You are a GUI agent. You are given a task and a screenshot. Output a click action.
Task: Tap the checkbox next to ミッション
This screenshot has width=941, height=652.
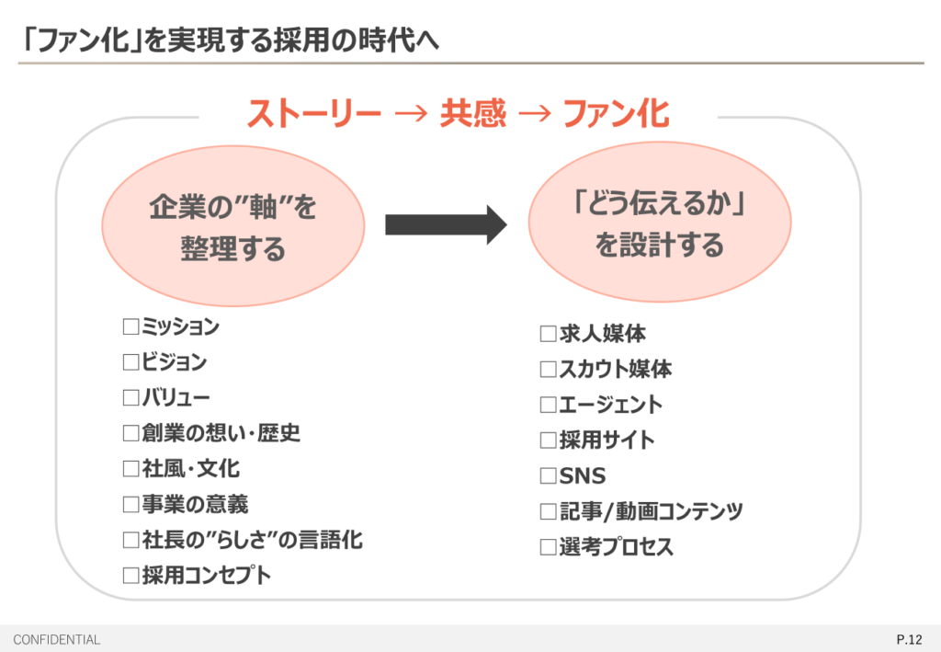(130, 326)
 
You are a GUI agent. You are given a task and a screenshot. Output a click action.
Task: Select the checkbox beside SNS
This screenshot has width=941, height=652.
(549, 476)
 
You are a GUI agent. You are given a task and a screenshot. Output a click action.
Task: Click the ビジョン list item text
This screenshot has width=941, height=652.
(174, 362)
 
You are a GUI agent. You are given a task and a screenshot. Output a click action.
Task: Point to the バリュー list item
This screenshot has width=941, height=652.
(176, 398)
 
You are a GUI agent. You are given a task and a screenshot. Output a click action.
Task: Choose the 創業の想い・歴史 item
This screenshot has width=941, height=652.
(221, 433)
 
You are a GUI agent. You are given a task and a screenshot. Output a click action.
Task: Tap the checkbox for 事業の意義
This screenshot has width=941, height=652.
(130, 505)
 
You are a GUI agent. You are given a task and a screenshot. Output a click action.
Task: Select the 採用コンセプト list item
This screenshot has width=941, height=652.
(207, 576)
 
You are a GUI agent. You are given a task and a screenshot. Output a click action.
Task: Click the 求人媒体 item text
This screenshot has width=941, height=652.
(602, 334)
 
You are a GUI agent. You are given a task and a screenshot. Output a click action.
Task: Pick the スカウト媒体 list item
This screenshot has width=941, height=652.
(615, 370)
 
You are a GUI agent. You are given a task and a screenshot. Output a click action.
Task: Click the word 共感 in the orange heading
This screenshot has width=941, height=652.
(472, 114)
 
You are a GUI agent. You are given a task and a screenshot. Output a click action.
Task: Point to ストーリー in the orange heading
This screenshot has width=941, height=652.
(313, 114)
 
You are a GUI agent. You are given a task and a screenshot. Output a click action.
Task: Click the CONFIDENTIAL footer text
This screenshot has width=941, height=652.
(57, 639)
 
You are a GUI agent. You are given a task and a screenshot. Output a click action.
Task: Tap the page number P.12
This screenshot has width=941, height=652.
(909, 639)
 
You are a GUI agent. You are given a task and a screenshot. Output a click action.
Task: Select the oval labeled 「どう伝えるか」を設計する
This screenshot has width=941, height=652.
(659, 223)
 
